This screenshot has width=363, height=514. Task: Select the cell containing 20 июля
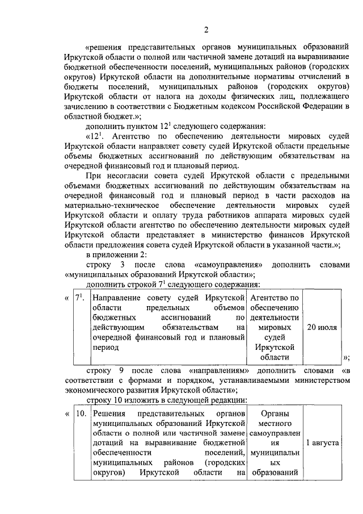(x=322, y=328)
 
